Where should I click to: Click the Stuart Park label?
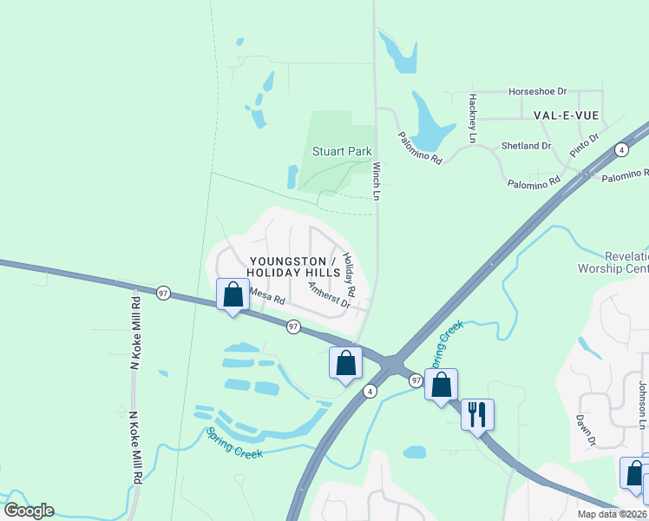tap(342, 151)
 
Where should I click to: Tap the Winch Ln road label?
tap(377, 181)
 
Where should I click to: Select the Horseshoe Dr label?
tap(537, 90)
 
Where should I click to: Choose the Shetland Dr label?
tap(527, 146)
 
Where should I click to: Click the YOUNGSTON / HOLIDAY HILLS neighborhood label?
tap(292, 267)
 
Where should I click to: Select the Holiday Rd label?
tap(349, 272)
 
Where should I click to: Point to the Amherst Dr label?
tap(329, 294)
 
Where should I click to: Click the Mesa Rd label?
tap(267, 296)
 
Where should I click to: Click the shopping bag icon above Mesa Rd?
tap(233, 294)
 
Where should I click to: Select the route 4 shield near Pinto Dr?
tap(621, 150)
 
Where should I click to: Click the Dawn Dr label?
tap(586, 430)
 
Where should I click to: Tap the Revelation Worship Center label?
tap(613, 262)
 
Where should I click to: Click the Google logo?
tap(29, 511)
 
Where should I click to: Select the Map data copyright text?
tap(612, 514)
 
